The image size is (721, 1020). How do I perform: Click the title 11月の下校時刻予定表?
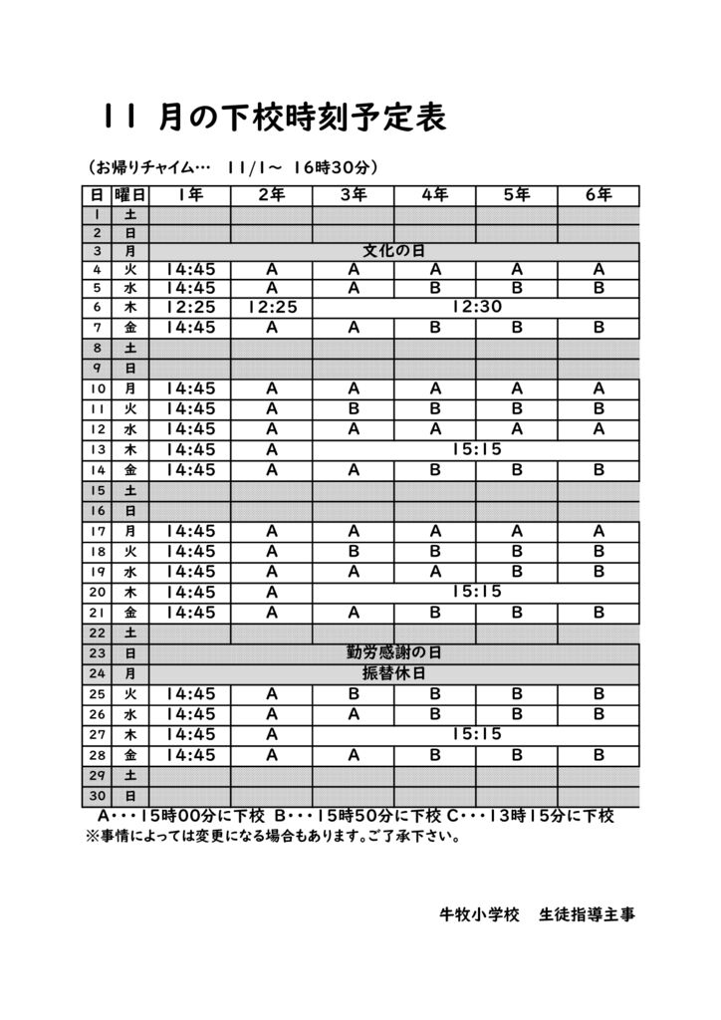point(274,119)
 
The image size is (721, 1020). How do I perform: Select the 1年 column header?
point(190,195)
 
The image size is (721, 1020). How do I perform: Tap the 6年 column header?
point(599,195)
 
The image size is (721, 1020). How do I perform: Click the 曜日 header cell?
point(129,195)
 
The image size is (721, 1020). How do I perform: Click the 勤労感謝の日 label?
point(392,653)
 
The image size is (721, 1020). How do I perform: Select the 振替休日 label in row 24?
point(392,673)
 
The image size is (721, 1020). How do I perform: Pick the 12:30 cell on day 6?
point(476,308)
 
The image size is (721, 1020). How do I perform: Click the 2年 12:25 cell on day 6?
point(272,308)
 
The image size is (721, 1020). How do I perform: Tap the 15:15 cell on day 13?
point(476,449)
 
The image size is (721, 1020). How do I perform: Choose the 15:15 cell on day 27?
point(476,734)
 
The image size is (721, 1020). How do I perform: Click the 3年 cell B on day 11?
point(354,408)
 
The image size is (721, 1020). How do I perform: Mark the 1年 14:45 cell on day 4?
point(190,269)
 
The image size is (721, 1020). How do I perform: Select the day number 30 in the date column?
point(97,796)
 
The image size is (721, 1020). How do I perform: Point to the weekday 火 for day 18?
point(129,551)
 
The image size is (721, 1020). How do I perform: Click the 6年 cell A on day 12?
point(599,429)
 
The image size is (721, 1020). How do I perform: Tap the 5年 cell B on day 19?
point(517,572)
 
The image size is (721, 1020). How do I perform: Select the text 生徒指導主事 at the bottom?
point(586,913)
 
